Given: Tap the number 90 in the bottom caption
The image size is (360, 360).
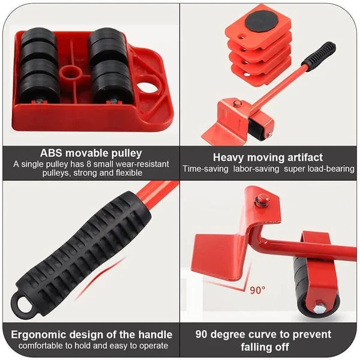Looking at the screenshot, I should (x=208, y=334).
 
